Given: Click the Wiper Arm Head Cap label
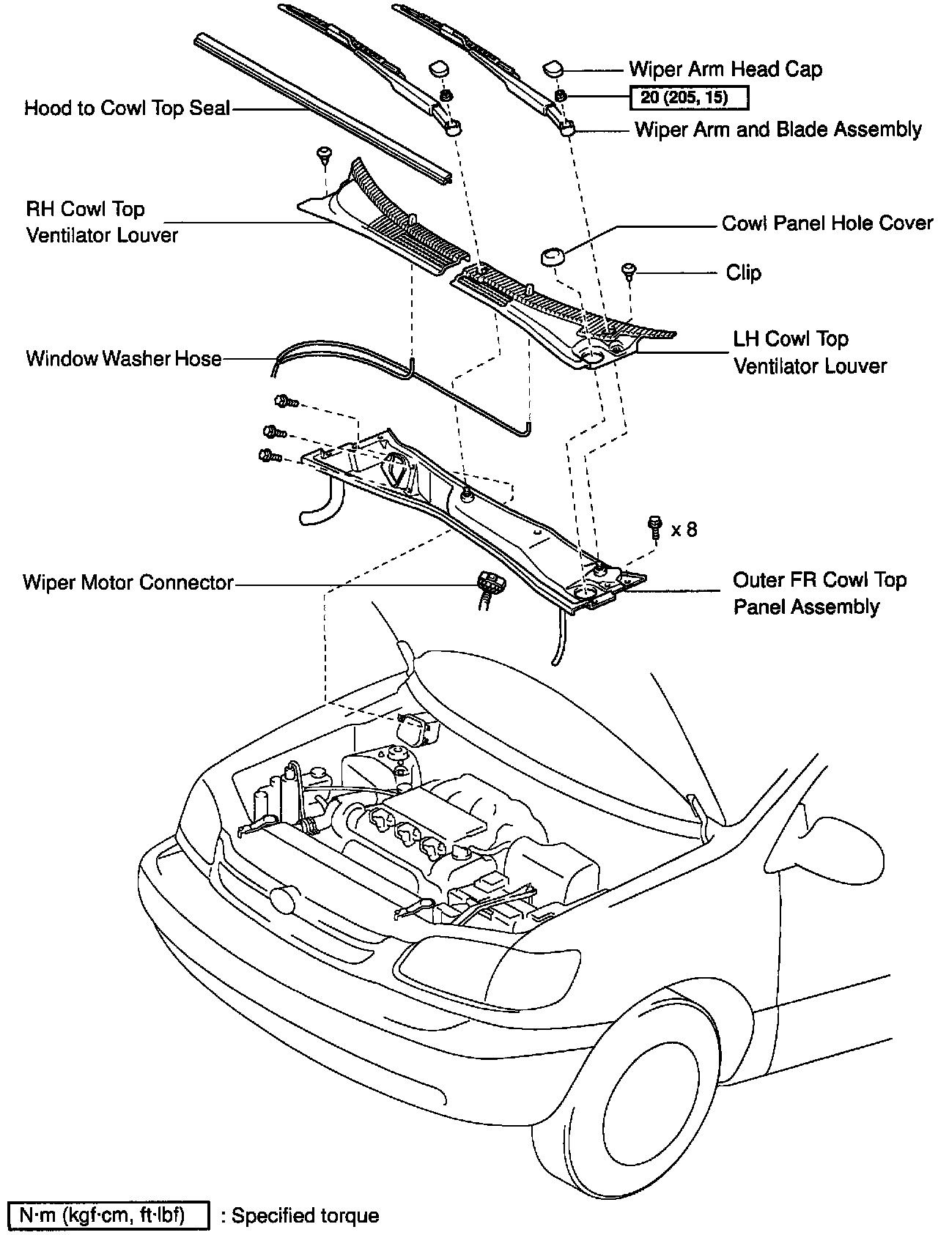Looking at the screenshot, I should pos(725,70).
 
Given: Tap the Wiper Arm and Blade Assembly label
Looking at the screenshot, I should pos(778,130).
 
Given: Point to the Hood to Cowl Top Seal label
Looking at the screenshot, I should pos(127,108).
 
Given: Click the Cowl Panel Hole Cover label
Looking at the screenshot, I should pos(827,223).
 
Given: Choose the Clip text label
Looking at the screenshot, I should pos(743,273).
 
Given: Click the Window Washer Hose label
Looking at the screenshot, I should pos(124,358).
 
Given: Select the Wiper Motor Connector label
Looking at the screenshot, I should pos(128,582).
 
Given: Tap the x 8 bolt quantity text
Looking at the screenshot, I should pos(684,529).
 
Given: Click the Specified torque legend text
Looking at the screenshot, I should pos(305,1216).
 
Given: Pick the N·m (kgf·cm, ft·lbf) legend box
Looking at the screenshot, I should pos(108,1215).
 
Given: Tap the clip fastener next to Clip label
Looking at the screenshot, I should pos(629,270).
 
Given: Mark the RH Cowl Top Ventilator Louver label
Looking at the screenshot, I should pos(102,222).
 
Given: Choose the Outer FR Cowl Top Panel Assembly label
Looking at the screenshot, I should pos(819,593).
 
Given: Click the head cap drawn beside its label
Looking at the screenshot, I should pos(553,69).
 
